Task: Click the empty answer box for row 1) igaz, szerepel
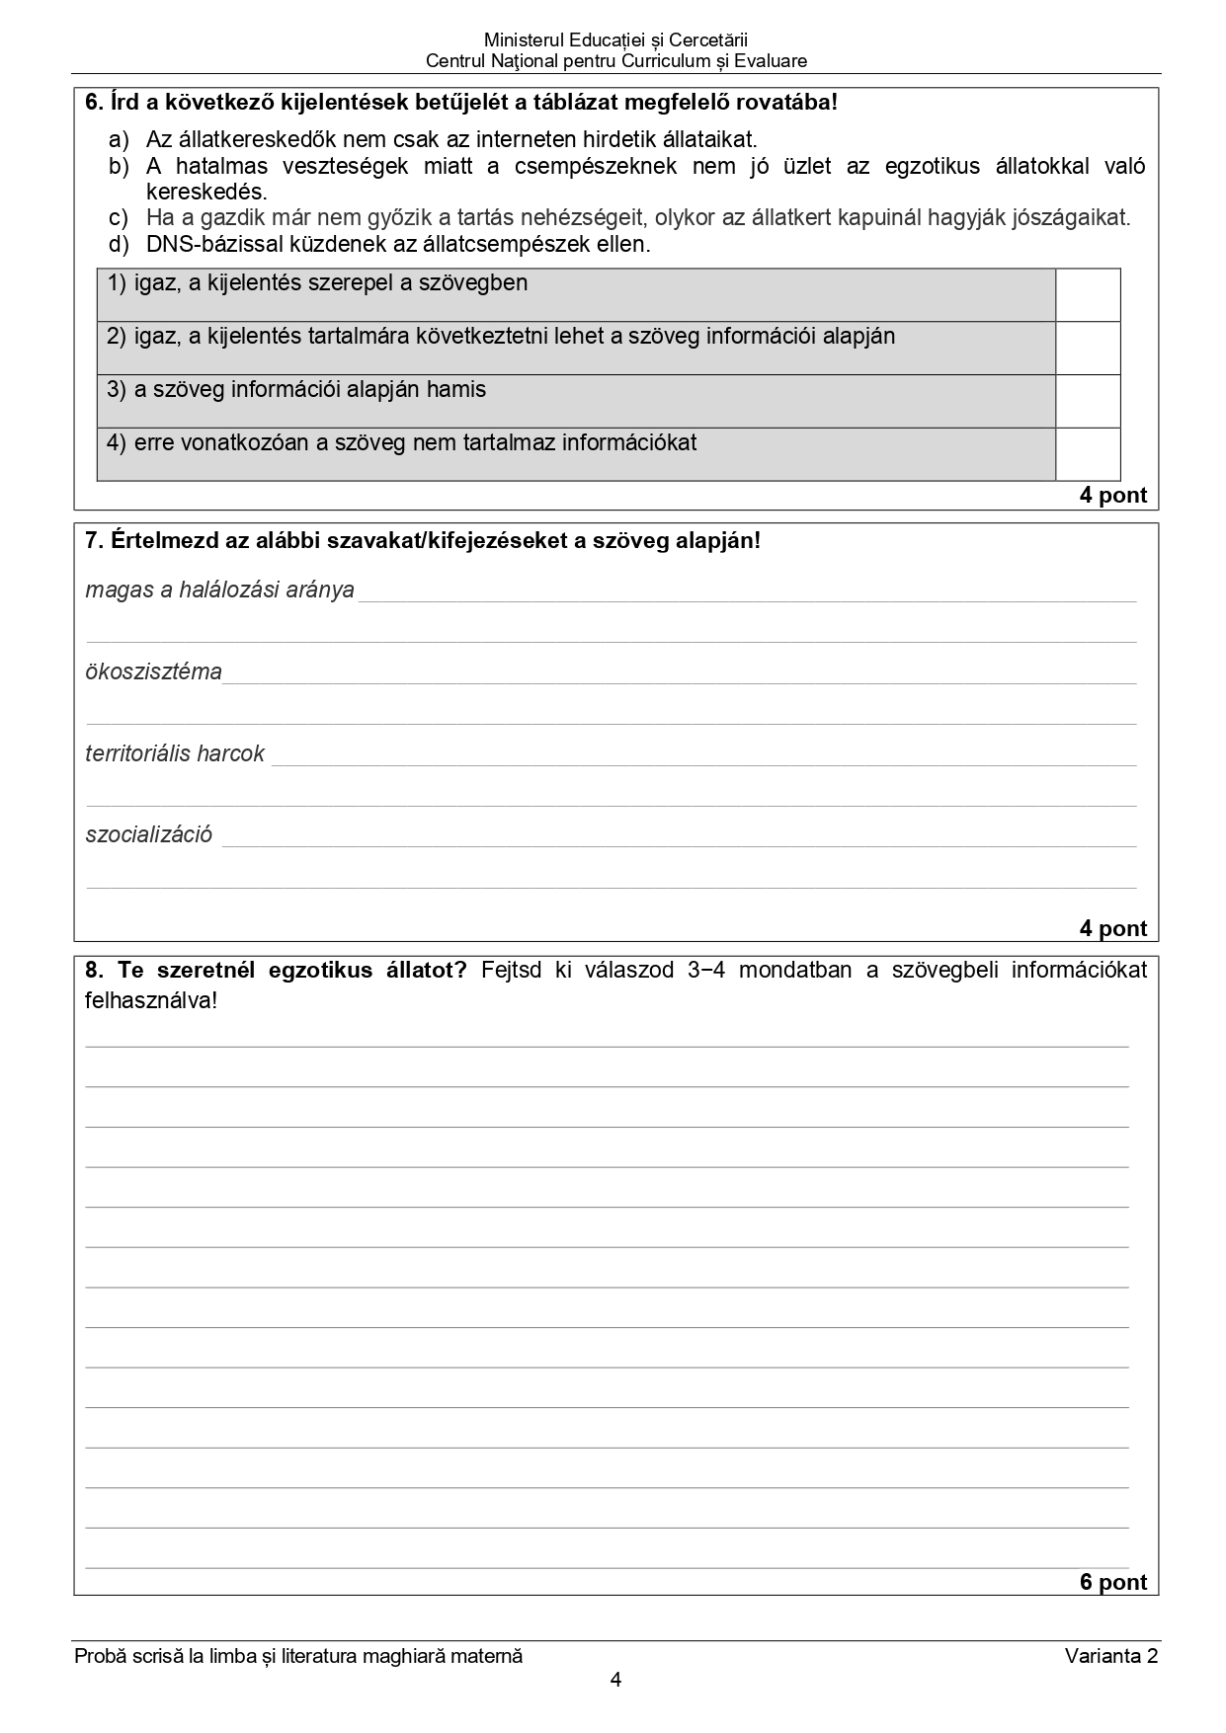[x=1088, y=295]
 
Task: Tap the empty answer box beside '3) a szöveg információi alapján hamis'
[x=1088, y=401]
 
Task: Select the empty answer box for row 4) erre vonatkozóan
[x=1088, y=454]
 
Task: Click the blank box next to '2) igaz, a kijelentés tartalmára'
[x=1088, y=348]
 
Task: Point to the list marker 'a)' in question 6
[x=119, y=139]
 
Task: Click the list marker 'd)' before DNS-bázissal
[x=119, y=244]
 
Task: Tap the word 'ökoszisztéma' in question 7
[x=153, y=672]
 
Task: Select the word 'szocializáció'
[x=148, y=834]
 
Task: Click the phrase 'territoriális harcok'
[x=175, y=754]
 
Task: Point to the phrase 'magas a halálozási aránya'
[x=219, y=591]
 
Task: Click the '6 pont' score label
[x=1112, y=1582]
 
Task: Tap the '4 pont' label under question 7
[x=1112, y=928]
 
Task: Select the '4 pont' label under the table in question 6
[x=1112, y=496]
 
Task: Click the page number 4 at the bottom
[x=615, y=1680]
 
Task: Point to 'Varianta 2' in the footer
[x=1110, y=1656]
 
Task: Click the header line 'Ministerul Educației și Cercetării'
[x=615, y=40]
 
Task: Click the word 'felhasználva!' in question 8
[x=150, y=1000]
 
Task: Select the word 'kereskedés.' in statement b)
[x=206, y=192]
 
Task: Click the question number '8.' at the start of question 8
[x=94, y=970]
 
